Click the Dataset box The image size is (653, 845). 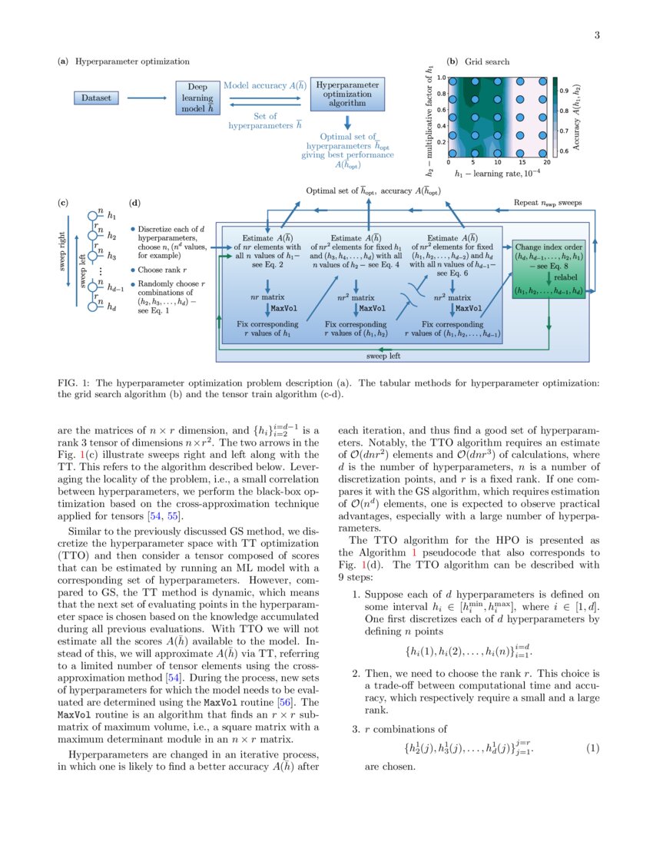(x=98, y=98)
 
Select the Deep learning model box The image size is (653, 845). (x=197, y=98)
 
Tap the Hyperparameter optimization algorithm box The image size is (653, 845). (x=348, y=93)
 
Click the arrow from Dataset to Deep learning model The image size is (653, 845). (x=148, y=98)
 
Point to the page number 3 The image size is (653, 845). (x=596, y=35)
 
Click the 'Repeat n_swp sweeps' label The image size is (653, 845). (x=548, y=204)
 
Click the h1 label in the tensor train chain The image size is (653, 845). (x=111, y=217)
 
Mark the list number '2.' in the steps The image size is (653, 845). (x=356, y=674)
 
